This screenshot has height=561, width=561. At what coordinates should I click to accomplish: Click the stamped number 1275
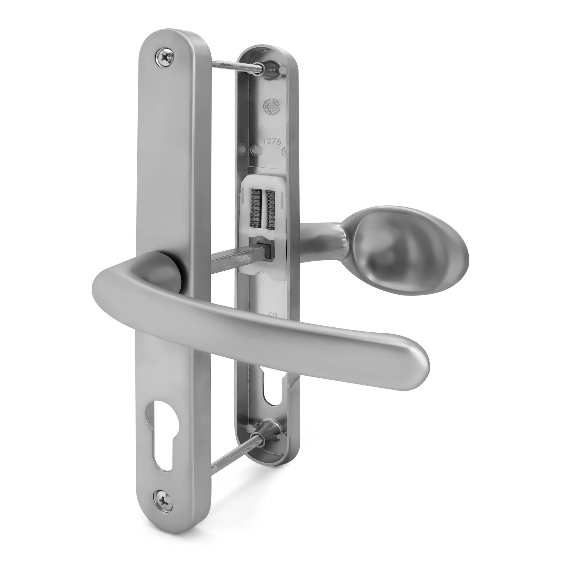(272, 141)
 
